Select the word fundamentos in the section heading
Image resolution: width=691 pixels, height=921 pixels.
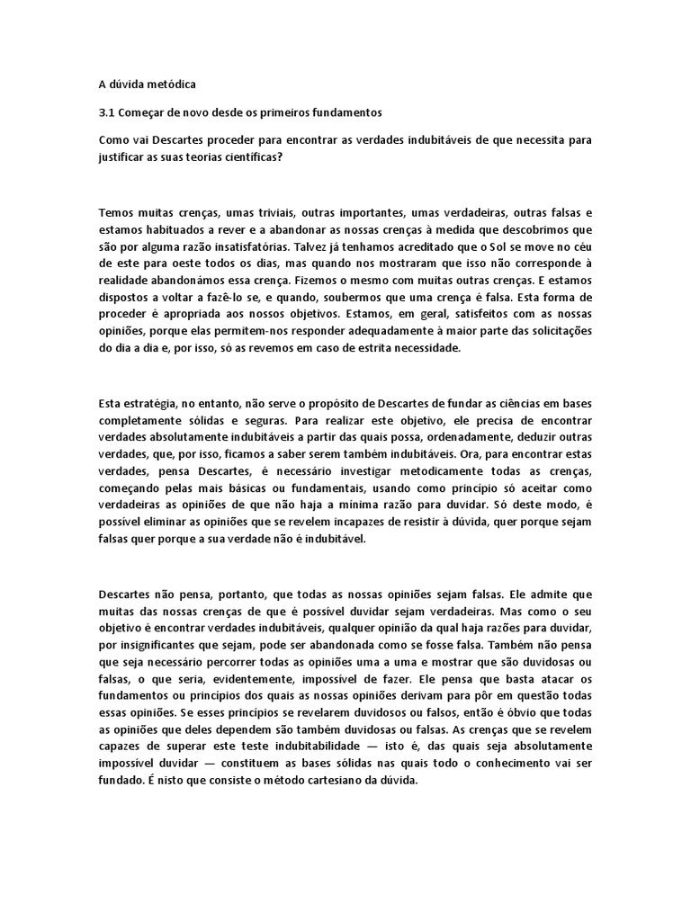[x=349, y=112]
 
